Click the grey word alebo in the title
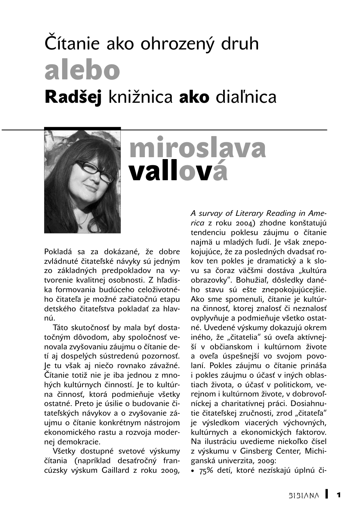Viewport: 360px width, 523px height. [x=82, y=71]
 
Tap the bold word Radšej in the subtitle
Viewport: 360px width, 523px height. [x=73, y=97]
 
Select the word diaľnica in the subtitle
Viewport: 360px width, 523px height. [x=246, y=97]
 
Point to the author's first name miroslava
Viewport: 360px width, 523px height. [x=197, y=148]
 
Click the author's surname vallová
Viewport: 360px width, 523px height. [x=178, y=172]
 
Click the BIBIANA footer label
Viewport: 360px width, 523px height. [x=303, y=495]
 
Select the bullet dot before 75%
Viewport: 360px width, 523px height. [x=193, y=471]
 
